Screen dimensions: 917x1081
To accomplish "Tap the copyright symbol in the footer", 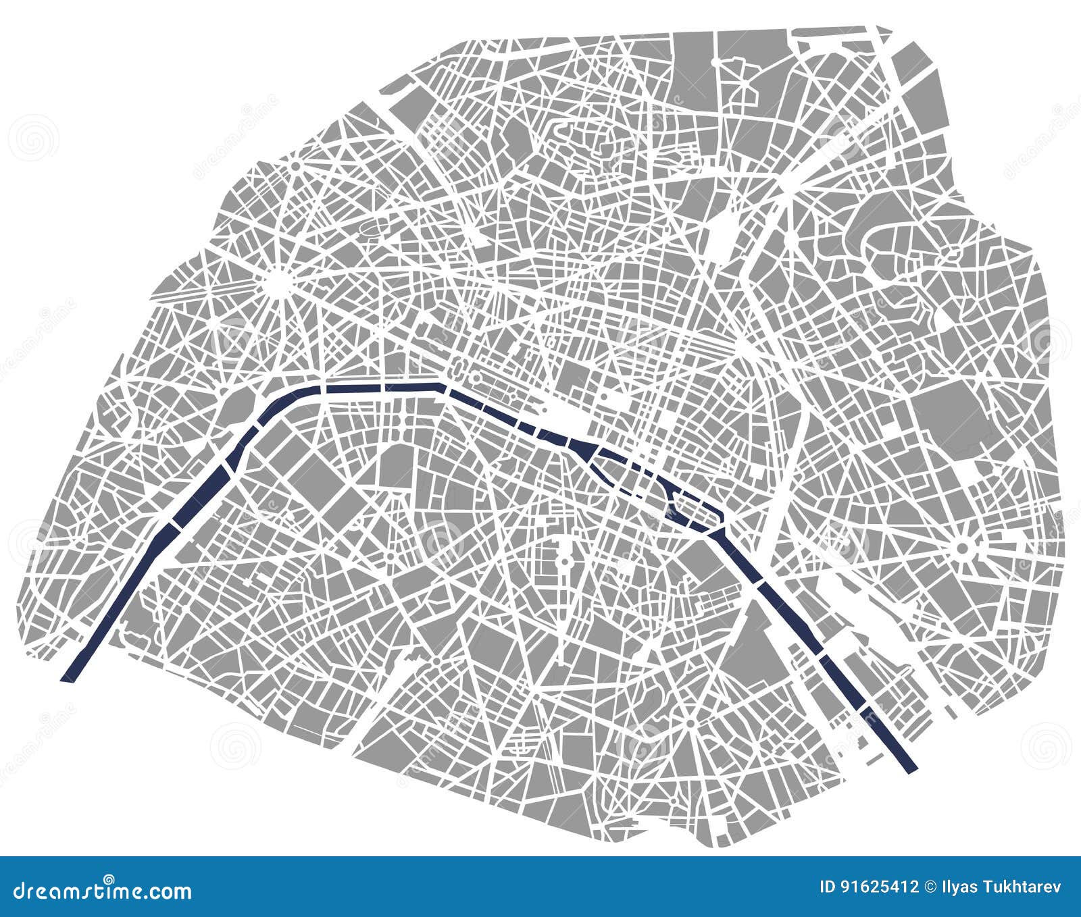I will (932, 887).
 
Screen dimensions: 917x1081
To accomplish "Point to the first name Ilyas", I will (960, 887).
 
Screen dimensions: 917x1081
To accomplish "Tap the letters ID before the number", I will (826, 887).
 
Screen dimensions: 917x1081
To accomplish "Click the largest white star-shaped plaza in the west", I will (276, 282).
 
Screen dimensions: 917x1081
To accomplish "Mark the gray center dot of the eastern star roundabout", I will (962, 548).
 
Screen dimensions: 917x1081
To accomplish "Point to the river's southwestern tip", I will (68, 677).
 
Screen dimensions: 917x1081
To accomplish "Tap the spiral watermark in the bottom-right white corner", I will (1045, 746).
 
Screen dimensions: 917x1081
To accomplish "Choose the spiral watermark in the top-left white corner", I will (32, 138).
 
